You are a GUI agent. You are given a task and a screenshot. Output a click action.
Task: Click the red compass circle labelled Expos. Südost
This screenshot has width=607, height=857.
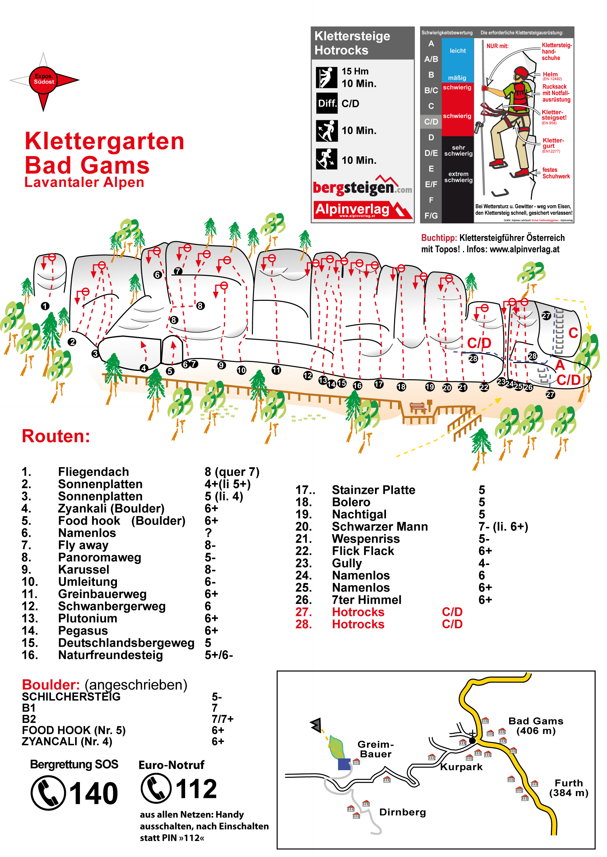43,80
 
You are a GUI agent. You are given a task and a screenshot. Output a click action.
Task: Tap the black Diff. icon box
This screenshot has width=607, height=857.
326,103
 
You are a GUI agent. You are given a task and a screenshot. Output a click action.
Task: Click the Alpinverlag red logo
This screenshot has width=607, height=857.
362,210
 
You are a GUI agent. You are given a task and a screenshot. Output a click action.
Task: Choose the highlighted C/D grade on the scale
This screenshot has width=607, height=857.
431,122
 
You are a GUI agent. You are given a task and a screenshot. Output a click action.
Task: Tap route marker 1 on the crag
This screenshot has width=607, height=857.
45,306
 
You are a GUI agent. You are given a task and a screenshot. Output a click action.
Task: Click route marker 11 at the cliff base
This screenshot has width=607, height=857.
276,370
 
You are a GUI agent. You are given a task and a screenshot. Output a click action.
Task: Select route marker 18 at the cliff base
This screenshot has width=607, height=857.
401,387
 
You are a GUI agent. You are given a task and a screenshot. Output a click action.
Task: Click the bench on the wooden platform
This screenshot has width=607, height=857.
418,406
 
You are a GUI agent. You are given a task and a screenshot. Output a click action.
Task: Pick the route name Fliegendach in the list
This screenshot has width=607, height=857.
93,472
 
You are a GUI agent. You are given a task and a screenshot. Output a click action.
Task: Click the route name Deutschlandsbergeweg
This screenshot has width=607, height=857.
126,643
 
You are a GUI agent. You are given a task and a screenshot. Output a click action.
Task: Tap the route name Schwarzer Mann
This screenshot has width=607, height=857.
380,527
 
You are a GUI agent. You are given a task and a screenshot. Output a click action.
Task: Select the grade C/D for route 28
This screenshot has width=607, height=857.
452,624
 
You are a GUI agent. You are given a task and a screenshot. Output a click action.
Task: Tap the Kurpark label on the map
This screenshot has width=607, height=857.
461,767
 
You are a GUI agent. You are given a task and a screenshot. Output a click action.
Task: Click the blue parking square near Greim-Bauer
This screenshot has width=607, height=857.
344,764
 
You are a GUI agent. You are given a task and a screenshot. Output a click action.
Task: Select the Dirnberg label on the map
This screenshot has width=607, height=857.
402,812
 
